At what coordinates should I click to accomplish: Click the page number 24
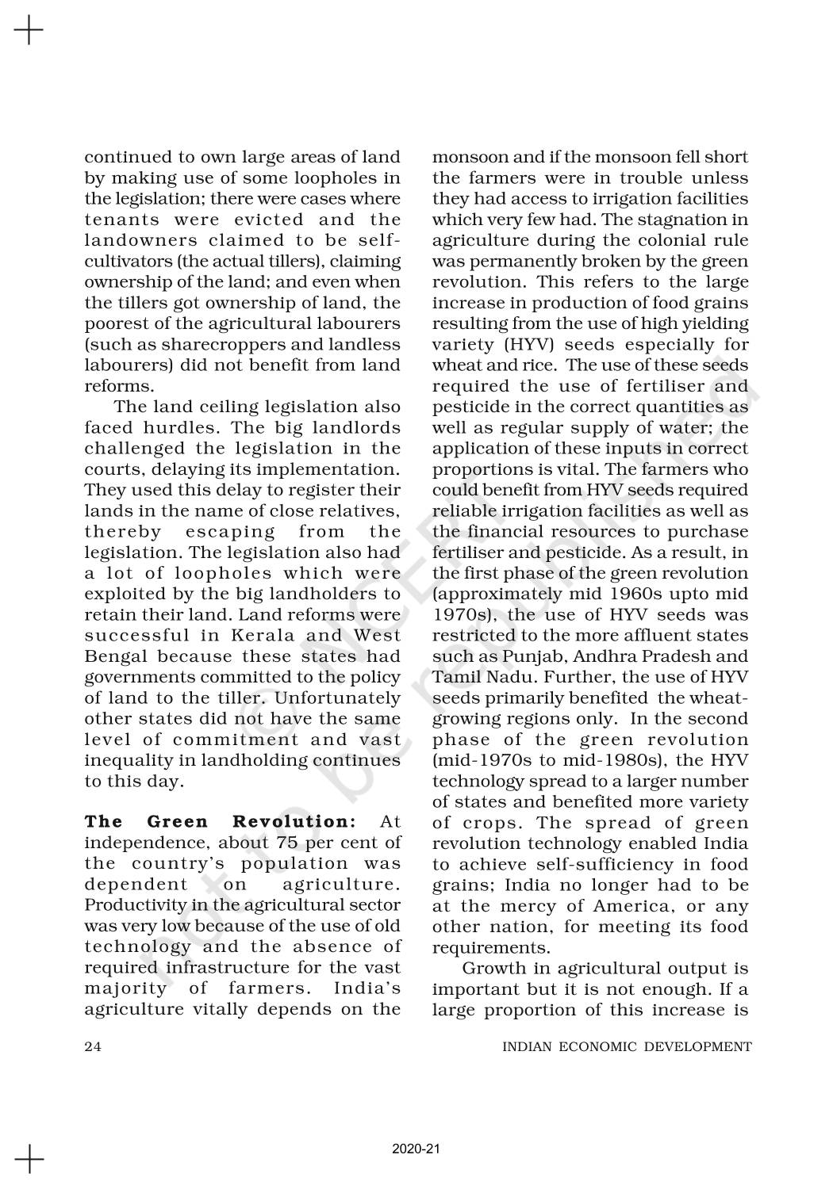click(93, 1046)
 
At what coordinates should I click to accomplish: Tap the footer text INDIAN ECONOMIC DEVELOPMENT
click(627, 1046)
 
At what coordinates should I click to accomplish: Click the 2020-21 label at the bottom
click(416, 1149)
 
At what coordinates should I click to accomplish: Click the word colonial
click(660, 240)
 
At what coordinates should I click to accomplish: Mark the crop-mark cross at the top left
click(29, 30)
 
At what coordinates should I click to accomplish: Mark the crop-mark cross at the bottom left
click(29, 1158)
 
